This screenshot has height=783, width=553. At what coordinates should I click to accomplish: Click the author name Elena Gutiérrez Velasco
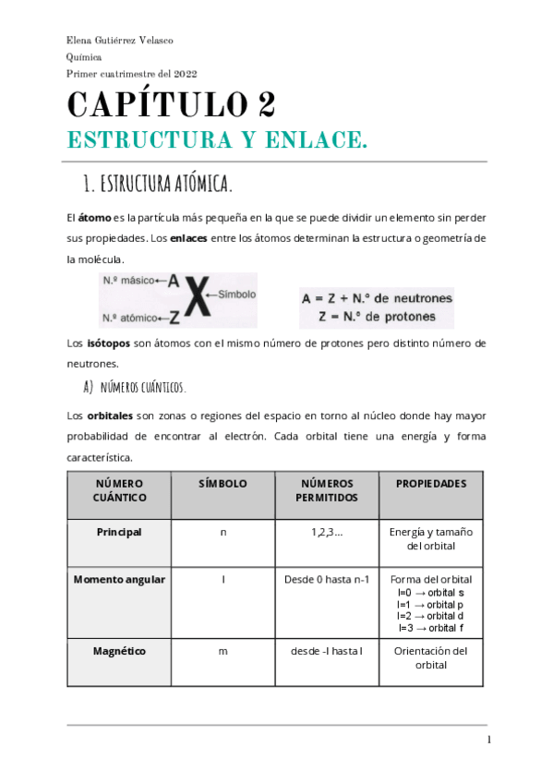point(120,41)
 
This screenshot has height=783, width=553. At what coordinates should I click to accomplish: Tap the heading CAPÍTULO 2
point(171,103)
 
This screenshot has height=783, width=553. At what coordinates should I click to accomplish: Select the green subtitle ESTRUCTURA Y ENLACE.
point(217,140)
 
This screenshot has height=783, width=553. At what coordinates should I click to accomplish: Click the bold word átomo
point(94,217)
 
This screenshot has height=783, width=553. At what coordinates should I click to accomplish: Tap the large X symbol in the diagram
point(194,299)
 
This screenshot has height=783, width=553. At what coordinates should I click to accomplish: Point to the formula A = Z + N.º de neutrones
point(376,298)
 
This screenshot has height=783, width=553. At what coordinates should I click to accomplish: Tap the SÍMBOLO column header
point(222,484)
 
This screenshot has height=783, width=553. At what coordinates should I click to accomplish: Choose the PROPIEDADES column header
point(430,484)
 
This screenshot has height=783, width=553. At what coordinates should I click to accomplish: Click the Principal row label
point(119,532)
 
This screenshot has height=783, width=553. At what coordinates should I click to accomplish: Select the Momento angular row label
point(119,580)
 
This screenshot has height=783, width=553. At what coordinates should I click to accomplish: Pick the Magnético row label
point(119,651)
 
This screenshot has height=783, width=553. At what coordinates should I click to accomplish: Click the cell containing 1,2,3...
point(327,532)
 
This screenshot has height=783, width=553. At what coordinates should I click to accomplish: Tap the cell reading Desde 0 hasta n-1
point(327,580)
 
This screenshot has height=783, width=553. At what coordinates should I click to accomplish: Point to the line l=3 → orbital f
point(430,628)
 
